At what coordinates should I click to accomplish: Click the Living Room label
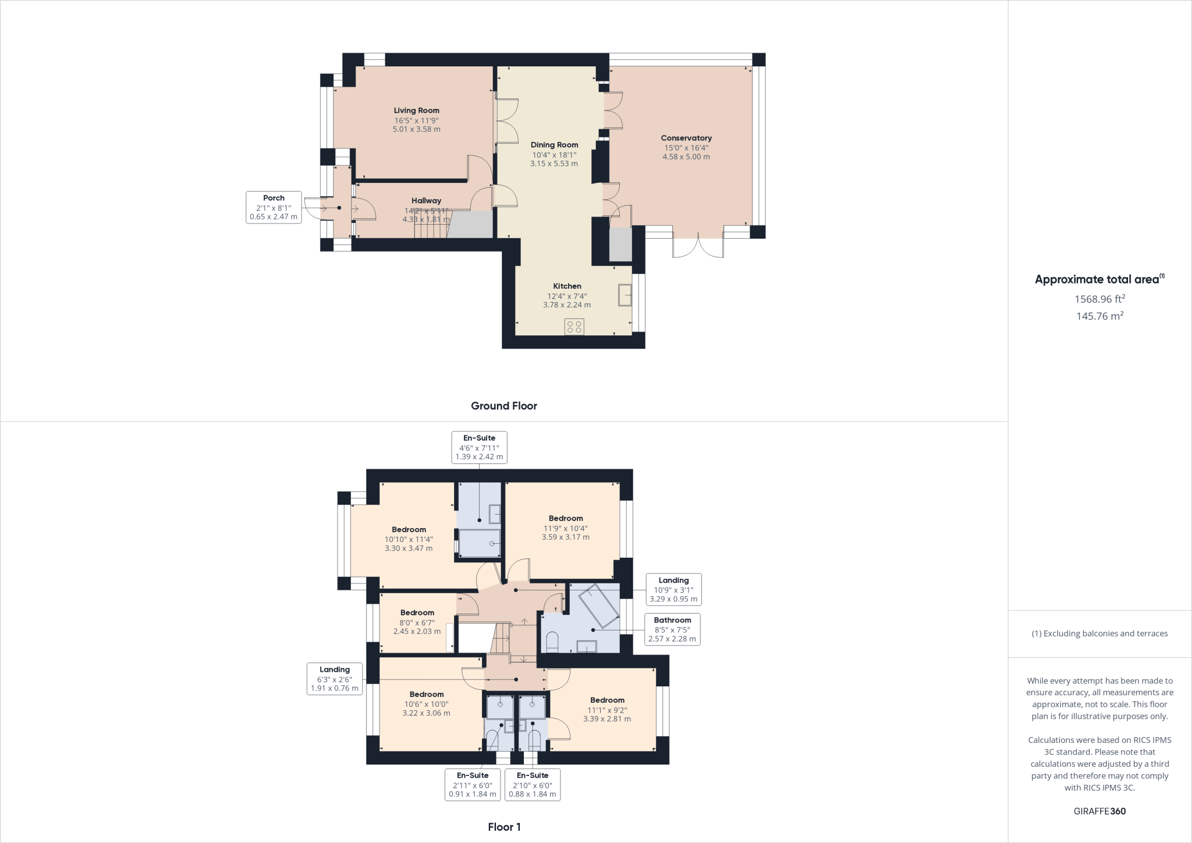pyautogui.click(x=416, y=111)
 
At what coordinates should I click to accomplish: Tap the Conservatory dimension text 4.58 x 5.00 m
pyautogui.click(x=686, y=157)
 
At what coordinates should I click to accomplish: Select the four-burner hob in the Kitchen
pyautogui.click(x=574, y=327)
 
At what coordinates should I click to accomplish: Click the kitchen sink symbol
pyautogui.click(x=625, y=295)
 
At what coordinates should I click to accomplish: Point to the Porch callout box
pyautogui.click(x=274, y=207)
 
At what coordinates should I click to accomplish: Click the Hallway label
pyautogui.click(x=426, y=201)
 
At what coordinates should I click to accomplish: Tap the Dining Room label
pyautogui.click(x=554, y=145)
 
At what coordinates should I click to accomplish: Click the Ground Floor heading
pyautogui.click(x=503, y=406)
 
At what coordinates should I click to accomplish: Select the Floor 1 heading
pyautogui.click(x=504, y=827)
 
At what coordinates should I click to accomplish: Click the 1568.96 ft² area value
pyautogui.click(x=1099, y=299)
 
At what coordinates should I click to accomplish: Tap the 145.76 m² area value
pyautogui.click(x=1099, y=316)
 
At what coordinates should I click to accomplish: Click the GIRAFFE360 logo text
pyautogui.click(x=1099, y=811)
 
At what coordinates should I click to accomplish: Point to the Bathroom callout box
pyautogui.click(x=672, y=629)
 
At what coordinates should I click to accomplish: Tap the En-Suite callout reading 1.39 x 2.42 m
pyautogui.click(x=479, y=447)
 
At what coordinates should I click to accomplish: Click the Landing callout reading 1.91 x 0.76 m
pyautogui.click(x=334, y=679)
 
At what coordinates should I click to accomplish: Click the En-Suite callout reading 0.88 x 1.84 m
pyautogui.click(x=532, y=784)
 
